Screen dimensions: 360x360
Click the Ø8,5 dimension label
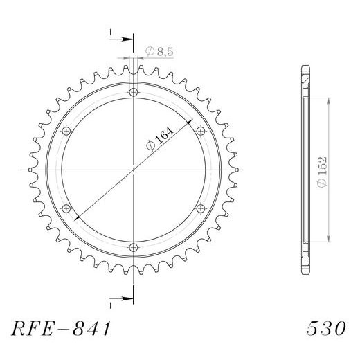[159, 51]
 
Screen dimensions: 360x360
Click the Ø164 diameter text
[160, 139]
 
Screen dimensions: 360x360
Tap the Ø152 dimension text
[322, 172]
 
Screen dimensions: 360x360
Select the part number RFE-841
[61, 328]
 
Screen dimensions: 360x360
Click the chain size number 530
[326, 328]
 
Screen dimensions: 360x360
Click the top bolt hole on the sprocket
[134, 93]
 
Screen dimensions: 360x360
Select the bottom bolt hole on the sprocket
[134, 248]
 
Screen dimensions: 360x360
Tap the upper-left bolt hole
[66, 132]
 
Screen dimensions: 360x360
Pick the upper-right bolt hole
[200, 132]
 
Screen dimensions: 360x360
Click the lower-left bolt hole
[66, 209]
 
